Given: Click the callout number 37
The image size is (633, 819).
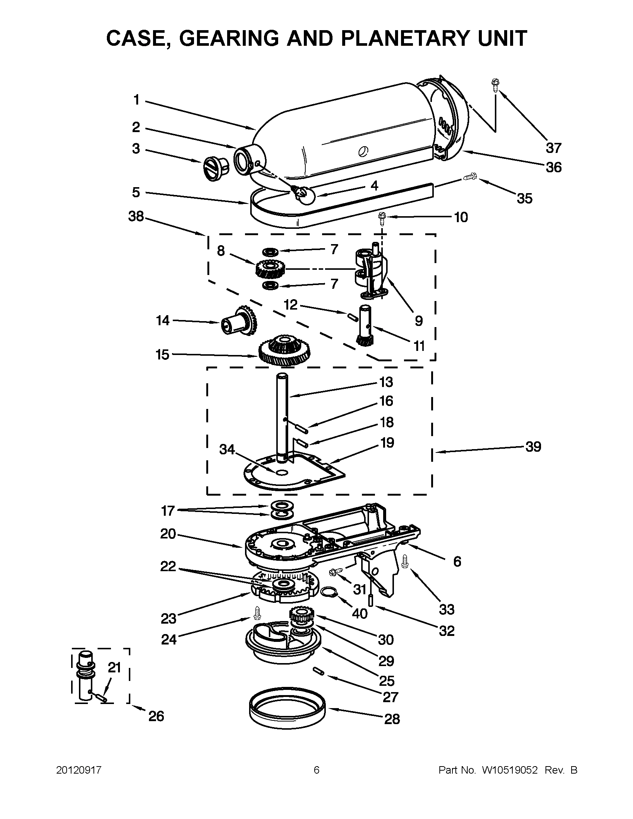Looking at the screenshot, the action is (x=553, y=148).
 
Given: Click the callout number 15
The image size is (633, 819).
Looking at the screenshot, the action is (x=162, y=354).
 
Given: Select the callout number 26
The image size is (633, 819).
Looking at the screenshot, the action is (x=156, y=716).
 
